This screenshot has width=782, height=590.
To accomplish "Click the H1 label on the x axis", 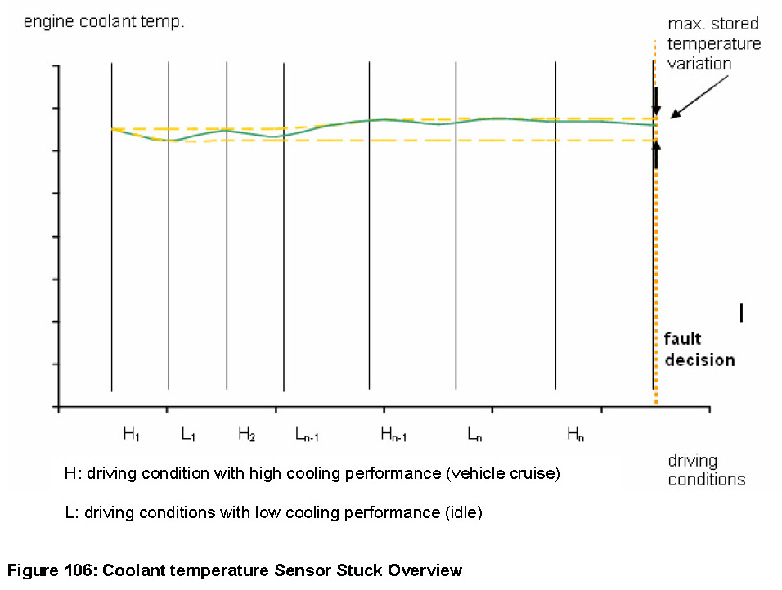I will click(131, 435).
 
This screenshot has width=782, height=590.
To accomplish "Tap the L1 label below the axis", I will click(188, 435).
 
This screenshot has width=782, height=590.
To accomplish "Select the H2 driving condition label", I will click(246, 435).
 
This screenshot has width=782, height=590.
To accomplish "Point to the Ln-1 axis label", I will click(306, 435).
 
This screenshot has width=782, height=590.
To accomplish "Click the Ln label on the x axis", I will click(474, 435).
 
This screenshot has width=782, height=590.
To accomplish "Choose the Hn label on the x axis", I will click(576, 435).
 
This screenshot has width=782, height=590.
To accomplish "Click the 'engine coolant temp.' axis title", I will click(104, 21).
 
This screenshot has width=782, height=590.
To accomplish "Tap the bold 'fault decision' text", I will click(699, 349).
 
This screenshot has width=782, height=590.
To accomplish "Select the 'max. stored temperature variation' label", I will click(714, 43).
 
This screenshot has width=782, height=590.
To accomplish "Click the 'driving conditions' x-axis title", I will click(706, 470).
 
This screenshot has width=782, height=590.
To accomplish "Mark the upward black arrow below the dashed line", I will click(655, 152).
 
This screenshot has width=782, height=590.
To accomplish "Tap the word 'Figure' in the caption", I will click(30, 570).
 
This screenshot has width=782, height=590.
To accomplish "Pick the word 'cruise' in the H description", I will click(532, 474).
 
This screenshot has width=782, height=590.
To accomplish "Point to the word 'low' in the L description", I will click(260, 513).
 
